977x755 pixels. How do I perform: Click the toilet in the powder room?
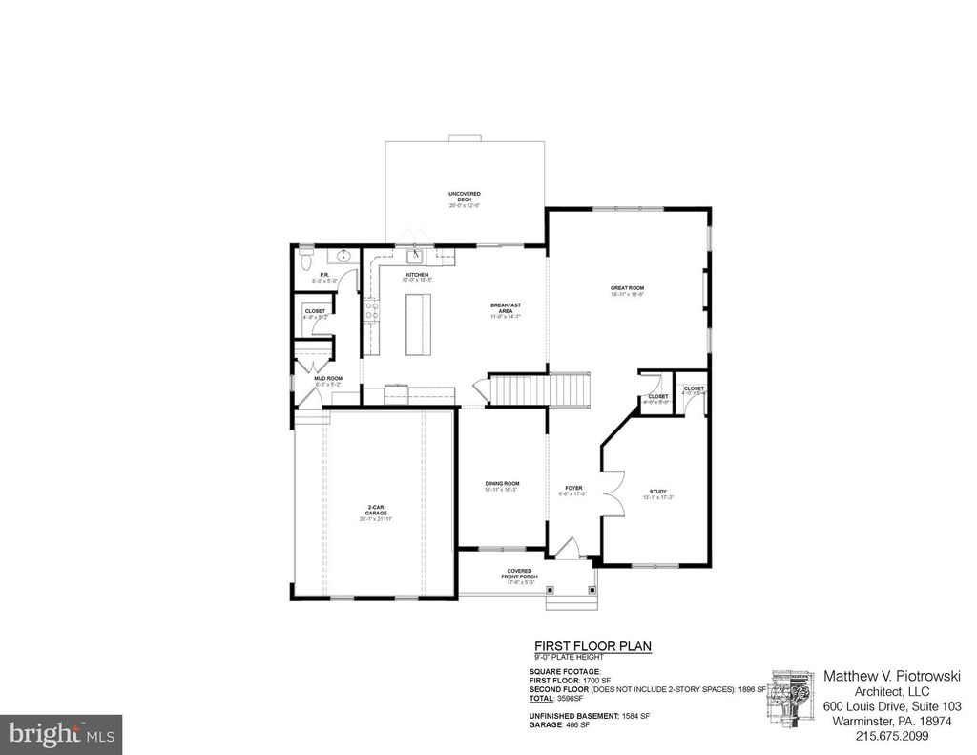(304, 258)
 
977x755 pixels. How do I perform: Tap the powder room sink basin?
(343, 256)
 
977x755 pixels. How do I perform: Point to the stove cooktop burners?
(370, 317)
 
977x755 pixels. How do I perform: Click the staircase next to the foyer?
(540, 389)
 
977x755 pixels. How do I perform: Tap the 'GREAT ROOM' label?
(628, 290)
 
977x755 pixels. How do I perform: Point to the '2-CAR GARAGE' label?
(376, 511)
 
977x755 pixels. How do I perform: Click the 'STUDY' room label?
(658, 492)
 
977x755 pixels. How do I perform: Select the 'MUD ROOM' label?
(328, 379)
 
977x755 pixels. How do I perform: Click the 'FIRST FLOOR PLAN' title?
(592, 646)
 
